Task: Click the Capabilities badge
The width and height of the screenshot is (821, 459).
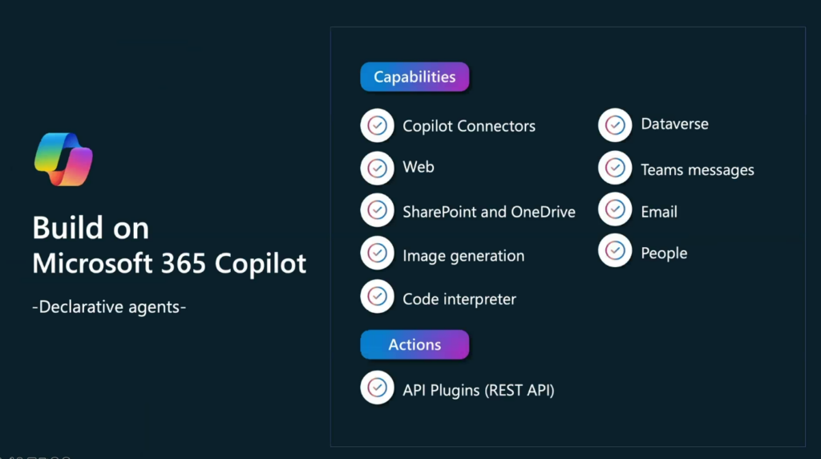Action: (415, 76)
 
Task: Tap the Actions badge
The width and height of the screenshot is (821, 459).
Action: (415, 344)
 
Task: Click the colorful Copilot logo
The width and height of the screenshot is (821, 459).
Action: (63, 160)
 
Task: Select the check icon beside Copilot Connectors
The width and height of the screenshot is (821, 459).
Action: (377, 125)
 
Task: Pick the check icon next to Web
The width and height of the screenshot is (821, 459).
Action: (377, 168)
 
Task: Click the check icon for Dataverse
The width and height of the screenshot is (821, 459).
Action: (615, 124)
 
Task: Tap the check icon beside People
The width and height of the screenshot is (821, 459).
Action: (615, 250)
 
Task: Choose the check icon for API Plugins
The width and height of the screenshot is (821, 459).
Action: (377, 388)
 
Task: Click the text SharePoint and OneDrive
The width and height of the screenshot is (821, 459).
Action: (489, 212)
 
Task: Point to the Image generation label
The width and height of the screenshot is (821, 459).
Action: (463, 256)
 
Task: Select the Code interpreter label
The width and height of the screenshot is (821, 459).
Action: (459, 299)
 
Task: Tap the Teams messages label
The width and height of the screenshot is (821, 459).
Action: (698, 170)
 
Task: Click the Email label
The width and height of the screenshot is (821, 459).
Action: (659, 212)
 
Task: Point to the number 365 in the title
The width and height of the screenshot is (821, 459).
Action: (184, 263)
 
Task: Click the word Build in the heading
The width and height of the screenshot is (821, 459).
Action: (66, 228)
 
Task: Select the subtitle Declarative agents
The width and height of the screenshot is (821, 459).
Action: (109, 307)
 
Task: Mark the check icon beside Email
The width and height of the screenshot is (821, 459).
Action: (615, 209)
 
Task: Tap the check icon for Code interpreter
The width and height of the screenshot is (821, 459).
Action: (377, 297)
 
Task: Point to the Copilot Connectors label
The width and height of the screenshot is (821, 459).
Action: (469, 126)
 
